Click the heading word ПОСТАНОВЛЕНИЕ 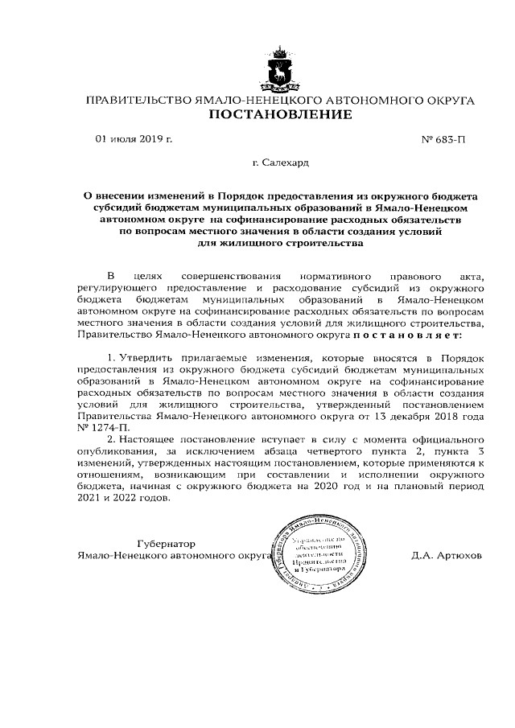pos(280,115)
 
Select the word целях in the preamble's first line pos(150,277)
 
